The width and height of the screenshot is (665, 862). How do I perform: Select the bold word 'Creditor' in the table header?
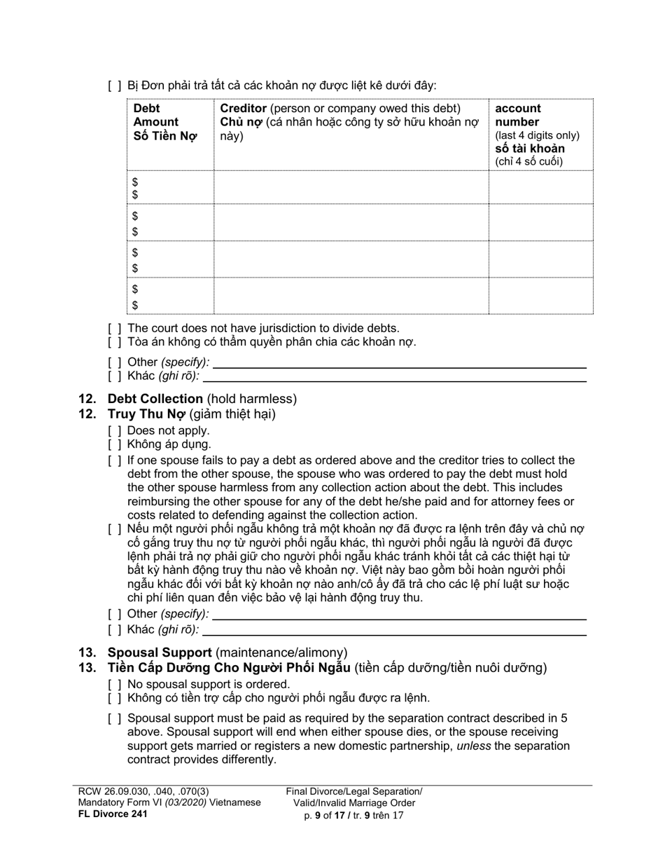[243, 109]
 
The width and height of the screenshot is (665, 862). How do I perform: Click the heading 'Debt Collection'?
[155, 399]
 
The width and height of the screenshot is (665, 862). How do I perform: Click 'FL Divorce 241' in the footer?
[113, 814]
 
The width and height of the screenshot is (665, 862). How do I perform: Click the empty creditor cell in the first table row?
[351, 187]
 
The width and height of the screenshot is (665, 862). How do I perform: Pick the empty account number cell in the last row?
[540, 296]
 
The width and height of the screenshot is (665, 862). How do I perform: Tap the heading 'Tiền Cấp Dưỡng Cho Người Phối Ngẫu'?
[228, 668]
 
